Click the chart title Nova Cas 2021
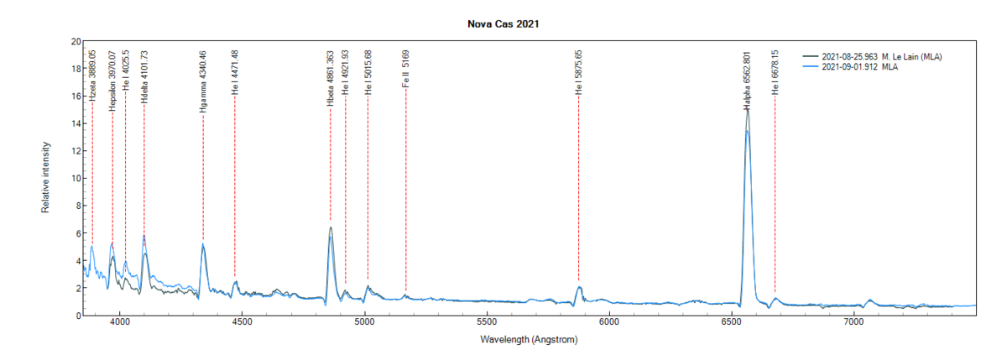503,24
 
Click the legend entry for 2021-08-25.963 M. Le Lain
882,57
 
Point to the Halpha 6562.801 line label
746,81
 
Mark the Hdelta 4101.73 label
143,76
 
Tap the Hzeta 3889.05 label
92,76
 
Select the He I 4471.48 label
234,72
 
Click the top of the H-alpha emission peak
747,109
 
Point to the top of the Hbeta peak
331,227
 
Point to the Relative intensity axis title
46,178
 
